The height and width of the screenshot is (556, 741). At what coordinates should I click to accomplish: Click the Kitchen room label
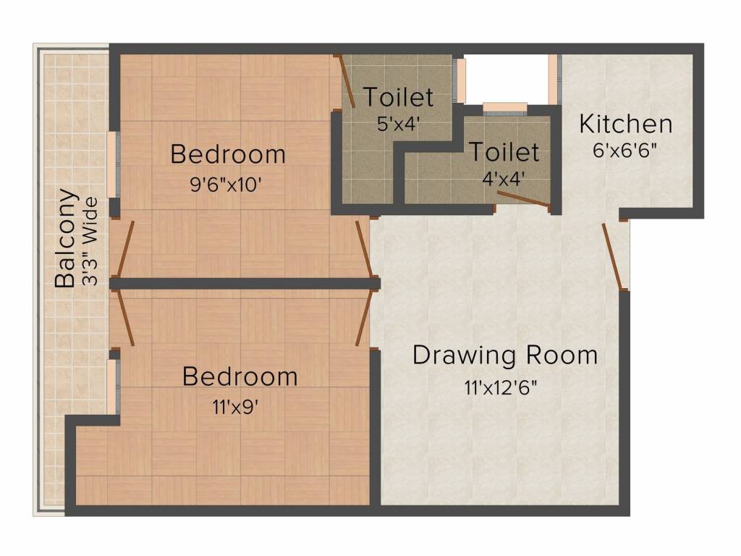[625, 124]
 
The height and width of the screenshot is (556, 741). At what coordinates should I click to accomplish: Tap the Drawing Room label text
[505, 355]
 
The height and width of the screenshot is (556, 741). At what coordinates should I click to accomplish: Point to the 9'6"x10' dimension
[225, 184]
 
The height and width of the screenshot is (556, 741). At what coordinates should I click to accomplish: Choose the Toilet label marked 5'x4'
[398, 96]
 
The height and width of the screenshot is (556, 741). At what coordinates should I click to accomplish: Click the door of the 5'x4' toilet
[346, 81]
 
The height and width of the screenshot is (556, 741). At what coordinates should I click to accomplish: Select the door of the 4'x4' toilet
[522, 199]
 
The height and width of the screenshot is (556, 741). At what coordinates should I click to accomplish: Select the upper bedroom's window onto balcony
[112, 164]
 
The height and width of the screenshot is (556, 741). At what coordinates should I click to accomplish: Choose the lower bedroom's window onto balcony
[112, 387]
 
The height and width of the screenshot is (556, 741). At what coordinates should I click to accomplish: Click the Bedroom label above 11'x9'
[240, 376]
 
